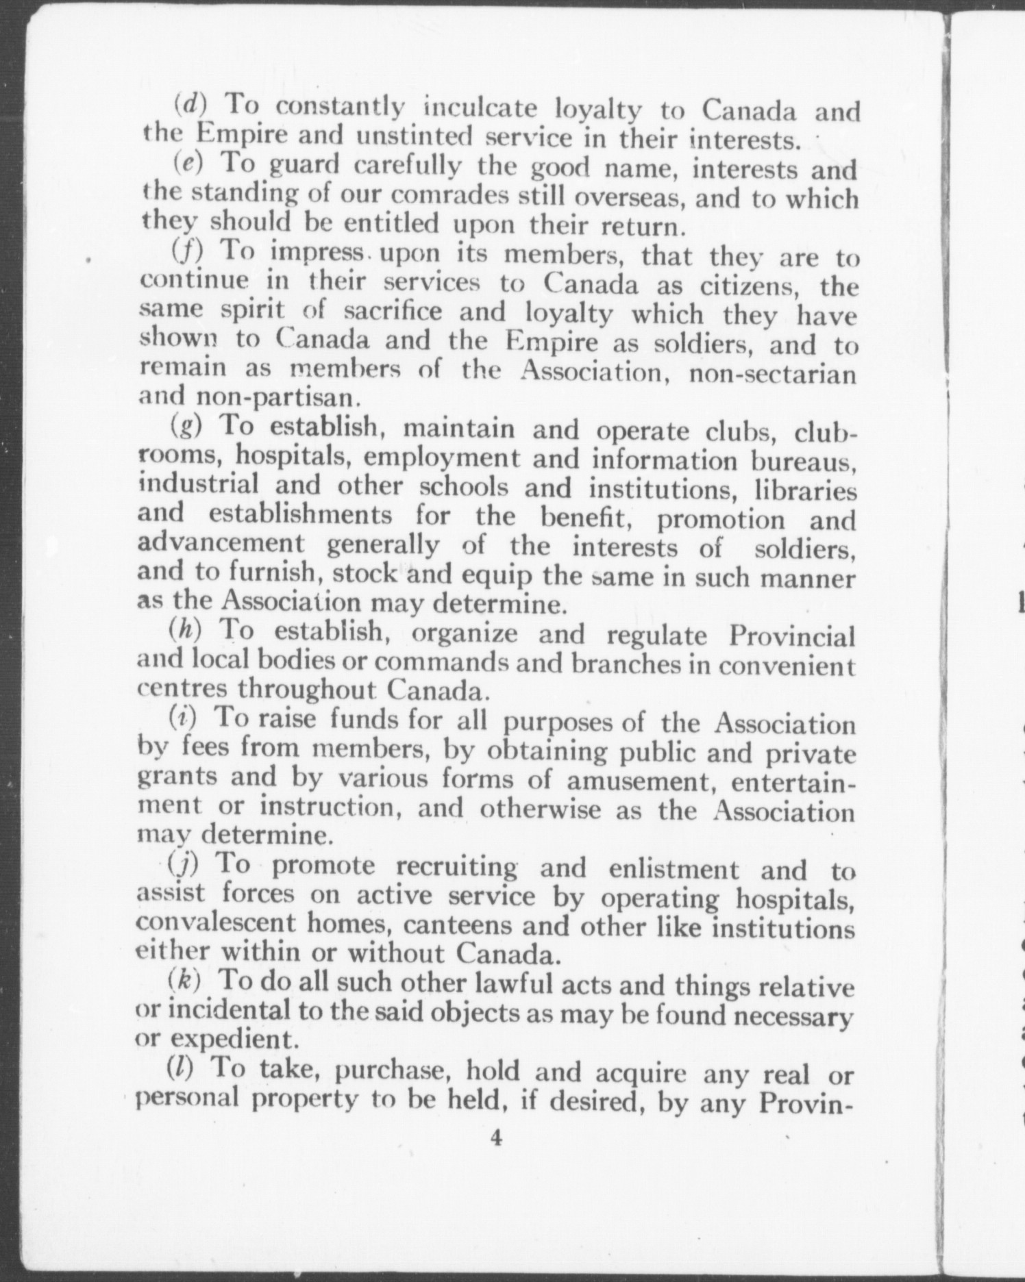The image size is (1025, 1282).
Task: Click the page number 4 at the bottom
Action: click(x=496, y=1139)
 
